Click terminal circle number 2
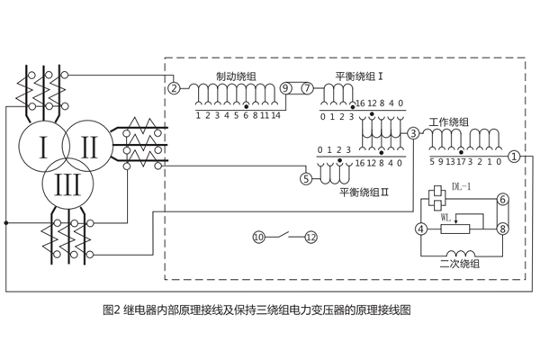(174, 88)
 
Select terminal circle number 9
(285, 88)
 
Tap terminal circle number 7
(307, 88)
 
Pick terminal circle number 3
(413, 133)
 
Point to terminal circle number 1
(514, 156)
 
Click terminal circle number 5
(306, 179)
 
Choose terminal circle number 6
(503, 199)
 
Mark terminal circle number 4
(420, 229)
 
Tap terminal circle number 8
(503, 229)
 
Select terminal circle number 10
(258, 238)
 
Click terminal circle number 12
(311, 238)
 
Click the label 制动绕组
(236, 76)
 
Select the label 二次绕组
(459, 264)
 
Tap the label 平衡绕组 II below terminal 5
(364, 192)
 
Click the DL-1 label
(461, 187)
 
